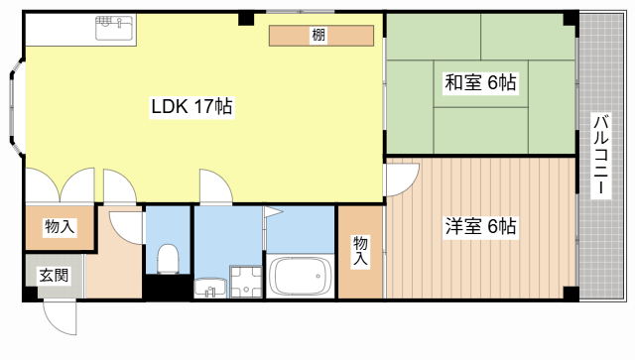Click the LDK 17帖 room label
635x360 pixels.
point(191,106)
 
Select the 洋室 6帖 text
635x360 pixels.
point(478,226)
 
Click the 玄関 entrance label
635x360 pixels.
point(54,276)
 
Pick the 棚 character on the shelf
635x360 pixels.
point(318,36)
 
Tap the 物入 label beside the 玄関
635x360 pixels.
point(59,228)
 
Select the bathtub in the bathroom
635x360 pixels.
point(300,277)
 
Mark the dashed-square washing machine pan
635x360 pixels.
point(243,282)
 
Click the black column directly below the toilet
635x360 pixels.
point(165,288)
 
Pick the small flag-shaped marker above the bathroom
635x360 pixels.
point(271,212)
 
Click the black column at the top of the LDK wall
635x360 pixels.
point(245,18)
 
